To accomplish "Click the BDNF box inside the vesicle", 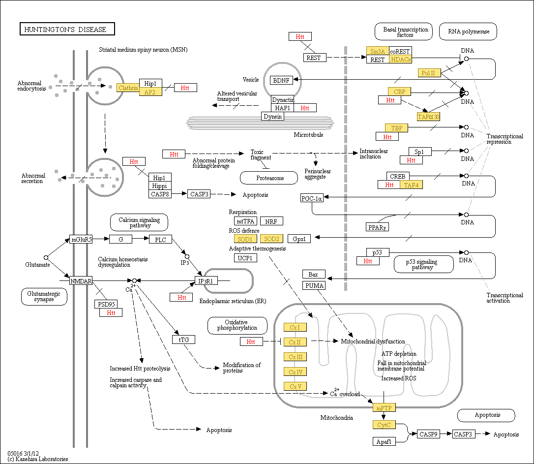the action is click(x=281, y=80).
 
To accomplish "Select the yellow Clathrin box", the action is click(x=128, y=88).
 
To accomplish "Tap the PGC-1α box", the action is click(x=312, y=198).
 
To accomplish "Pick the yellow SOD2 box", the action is click(x=271, y=239).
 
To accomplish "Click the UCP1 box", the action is click(x=245, y=258).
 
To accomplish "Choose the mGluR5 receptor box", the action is click(x=81, y=239).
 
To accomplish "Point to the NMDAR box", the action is click(x=81, y=281).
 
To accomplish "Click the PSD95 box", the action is click(x=106, y=304).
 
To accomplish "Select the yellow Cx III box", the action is click(x=295, y=357).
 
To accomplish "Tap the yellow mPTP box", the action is click(x=384, y=408).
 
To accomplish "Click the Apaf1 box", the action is click(x=384, y=441).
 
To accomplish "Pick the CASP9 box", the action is click(x=428, y=434).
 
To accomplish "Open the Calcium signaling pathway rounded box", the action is click(x=139, y=222).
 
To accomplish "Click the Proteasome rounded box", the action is click(x=269, y=178).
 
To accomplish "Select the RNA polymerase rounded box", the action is click(x=468, y=31).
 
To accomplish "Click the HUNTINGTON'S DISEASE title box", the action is click(x=67, y=29).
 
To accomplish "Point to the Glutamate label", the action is click(x=37, y=265).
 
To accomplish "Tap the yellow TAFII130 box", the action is click(x=428, y=117).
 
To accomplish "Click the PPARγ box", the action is click(x=377, y=227).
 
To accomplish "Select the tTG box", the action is click(x=184, y=340).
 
